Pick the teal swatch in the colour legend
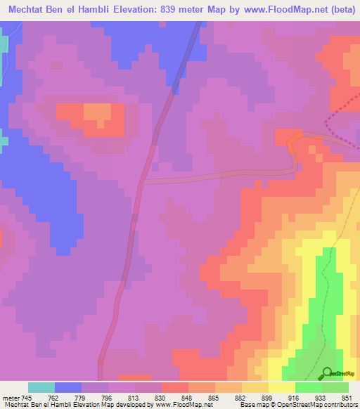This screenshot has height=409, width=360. (41, 387)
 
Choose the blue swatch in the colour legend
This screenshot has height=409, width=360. (68, 387)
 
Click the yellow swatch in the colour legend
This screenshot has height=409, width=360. (282, 387)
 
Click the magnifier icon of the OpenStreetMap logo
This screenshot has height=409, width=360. (327, 372)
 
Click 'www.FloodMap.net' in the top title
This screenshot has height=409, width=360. (262, 10)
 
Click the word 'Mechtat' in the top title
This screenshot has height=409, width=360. (25, 10)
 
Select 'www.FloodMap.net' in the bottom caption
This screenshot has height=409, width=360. (182, 405)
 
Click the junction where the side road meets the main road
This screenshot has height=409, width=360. (143, 181)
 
